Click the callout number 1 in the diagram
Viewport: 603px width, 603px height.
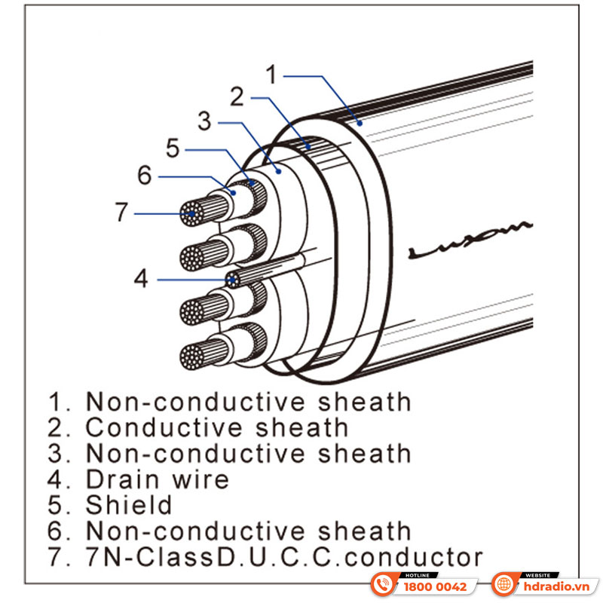tap(272, 75)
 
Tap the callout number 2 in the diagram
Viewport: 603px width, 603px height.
tap(237, 97)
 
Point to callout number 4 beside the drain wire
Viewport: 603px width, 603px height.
tap(141, 280)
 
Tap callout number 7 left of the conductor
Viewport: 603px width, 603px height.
tap(121, 213)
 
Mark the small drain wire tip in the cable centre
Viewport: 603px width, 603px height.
tap(234, 280)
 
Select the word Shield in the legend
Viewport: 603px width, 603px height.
tap(129, 505)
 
